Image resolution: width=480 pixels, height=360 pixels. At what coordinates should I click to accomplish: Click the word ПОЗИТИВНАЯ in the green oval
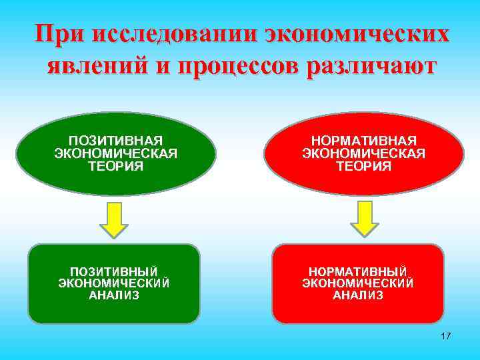pos(115,141)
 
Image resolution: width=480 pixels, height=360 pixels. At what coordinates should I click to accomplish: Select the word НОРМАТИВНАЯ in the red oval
pos(364,141)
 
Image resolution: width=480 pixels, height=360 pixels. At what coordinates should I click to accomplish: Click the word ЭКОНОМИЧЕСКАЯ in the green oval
pos(115,154)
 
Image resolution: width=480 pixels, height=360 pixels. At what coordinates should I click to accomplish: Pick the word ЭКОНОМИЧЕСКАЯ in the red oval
pos(364,154)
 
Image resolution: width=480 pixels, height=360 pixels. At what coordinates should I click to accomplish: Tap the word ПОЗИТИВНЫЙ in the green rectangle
pos(114,271)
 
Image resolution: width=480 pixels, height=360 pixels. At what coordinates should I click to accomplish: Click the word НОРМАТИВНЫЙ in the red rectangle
pos(358,271)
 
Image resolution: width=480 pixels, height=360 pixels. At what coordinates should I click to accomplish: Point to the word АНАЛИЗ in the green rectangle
pos(114,295)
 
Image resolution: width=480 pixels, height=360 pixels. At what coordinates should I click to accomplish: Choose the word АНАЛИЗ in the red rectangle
pos(358,295)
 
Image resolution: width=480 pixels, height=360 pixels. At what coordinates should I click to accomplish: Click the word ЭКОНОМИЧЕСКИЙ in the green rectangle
pos(114,283)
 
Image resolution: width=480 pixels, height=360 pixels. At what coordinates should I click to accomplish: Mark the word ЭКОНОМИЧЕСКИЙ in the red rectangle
pos(358,283)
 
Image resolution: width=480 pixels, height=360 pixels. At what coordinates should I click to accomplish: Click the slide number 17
pos(445,336)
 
